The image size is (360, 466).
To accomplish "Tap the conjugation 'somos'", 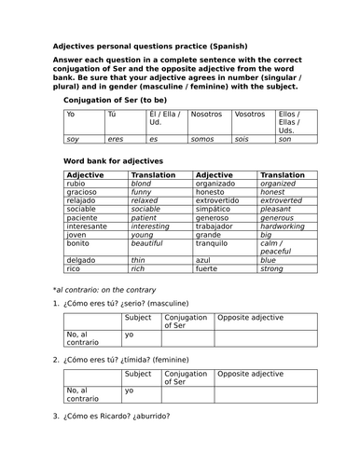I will coord(202,139).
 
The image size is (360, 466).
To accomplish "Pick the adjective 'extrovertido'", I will coord(220,199).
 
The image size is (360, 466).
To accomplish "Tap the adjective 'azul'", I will coord(204,260).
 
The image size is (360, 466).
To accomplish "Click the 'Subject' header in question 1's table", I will coord(138,317).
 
